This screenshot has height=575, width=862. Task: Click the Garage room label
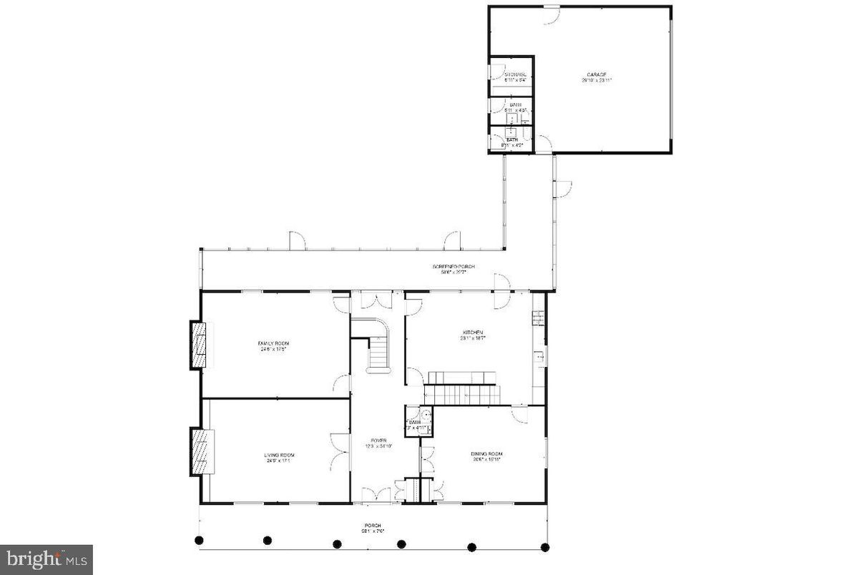coord(597,77)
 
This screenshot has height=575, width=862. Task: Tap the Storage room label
coord(515,77)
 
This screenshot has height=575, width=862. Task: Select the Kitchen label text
coord(473,335)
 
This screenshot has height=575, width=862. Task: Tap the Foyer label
coord(378,443)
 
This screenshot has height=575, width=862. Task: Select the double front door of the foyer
coord(376,495)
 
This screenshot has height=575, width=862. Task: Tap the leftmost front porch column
coord(200,540)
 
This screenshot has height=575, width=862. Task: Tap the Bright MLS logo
coord(46,559)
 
